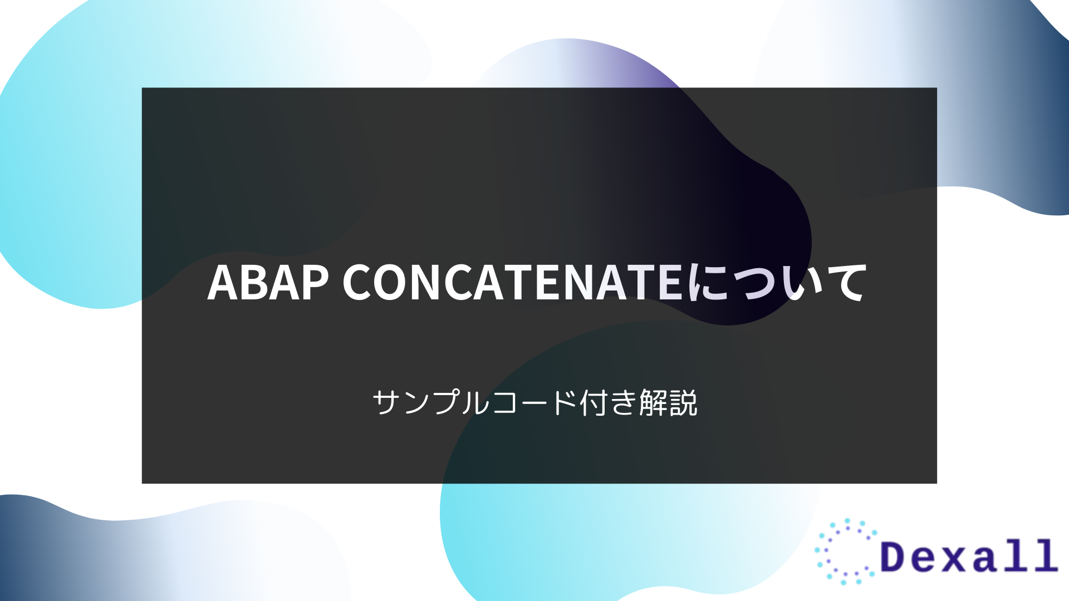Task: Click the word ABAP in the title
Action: pos(268,283)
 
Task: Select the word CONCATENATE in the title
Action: pos(512,283)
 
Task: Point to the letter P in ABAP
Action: pos(315,283)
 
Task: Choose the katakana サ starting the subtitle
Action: pos(386,402)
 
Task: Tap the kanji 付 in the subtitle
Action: pos(594,402)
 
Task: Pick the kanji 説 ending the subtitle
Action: pos(684,402)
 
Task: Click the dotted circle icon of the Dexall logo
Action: pos(846,551)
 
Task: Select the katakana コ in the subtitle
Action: pos(504,402)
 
